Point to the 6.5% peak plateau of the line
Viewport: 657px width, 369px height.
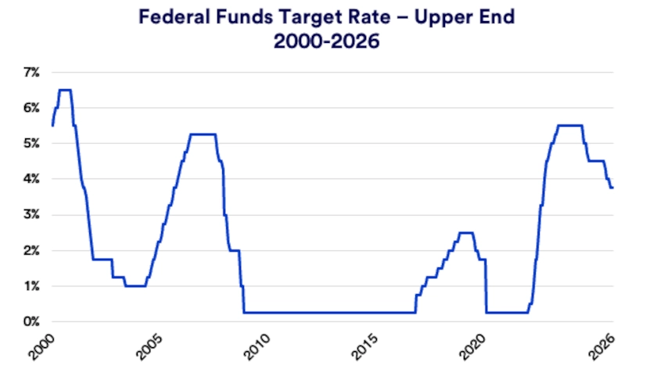coord(65,90)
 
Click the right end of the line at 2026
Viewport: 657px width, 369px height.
coord(612,188)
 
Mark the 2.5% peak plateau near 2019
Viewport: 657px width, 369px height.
coord(465,232)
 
